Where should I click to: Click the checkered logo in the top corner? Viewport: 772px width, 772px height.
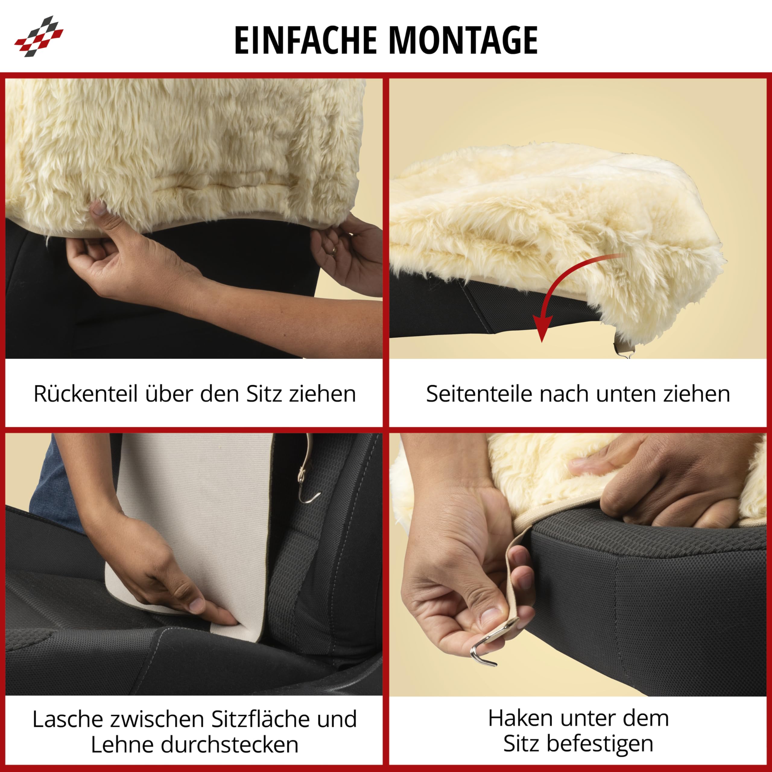(x=39, y=36)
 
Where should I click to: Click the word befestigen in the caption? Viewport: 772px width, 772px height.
(x=600, y=744)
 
